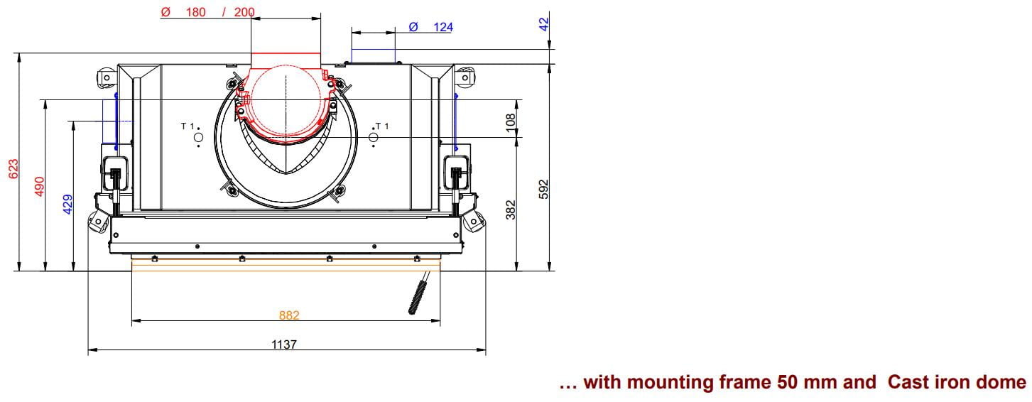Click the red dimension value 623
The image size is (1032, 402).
(13, 168)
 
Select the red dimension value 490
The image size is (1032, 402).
(40, 186)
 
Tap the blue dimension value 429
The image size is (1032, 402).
(67, 204)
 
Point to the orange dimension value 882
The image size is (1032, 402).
(289, 315)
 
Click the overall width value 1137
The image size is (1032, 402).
(284, 344)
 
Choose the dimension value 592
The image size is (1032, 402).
(543, 189)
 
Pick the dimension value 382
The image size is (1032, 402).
(511, 210)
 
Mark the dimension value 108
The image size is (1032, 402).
(511, 123)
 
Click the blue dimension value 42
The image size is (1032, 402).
(543, 24)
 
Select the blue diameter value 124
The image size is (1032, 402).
(443, 27)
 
